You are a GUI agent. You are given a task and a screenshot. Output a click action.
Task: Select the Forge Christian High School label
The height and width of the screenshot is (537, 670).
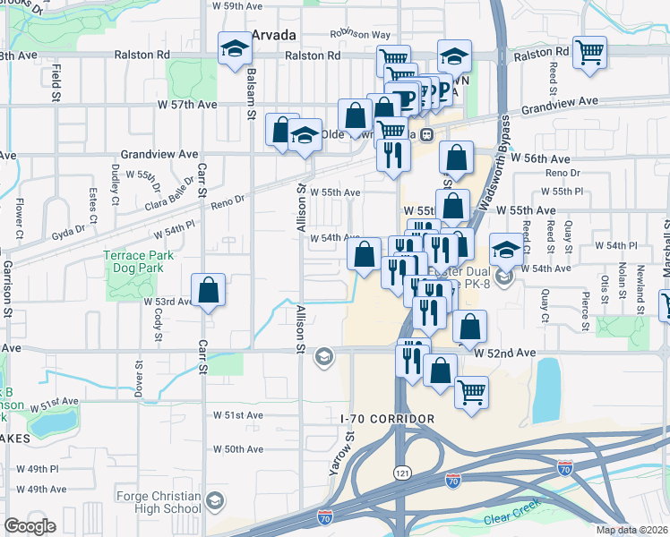click(x=159, y=503)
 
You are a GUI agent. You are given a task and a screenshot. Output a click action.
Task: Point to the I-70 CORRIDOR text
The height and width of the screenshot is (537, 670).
click(x=388, y=419)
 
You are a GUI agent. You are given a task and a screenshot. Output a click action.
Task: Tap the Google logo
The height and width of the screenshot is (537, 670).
click(x=30, y=525)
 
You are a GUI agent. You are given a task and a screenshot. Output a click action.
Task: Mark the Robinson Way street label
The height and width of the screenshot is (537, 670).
click(x=356, y=34)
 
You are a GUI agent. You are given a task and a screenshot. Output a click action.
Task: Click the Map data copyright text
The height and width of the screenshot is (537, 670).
click(x=632, y=530)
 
